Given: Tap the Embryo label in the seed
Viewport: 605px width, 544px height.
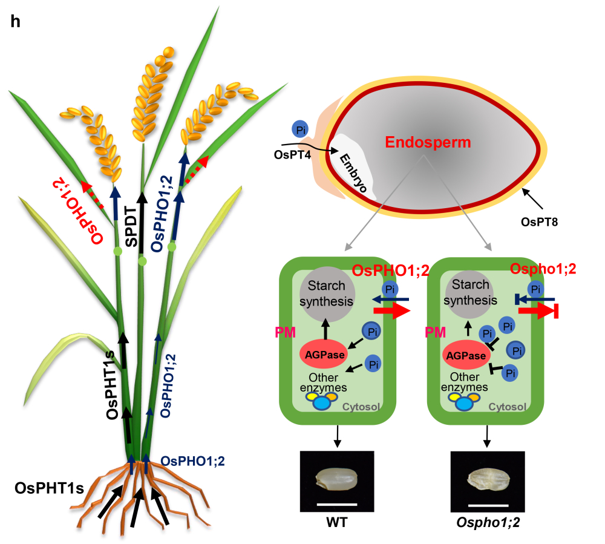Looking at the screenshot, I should (353, 173).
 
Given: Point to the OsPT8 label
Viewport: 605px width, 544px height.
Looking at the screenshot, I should (538, 222).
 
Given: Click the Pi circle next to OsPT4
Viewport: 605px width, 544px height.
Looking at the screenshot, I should (301, 129).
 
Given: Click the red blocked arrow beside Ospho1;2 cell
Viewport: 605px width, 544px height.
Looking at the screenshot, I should (538, 311).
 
